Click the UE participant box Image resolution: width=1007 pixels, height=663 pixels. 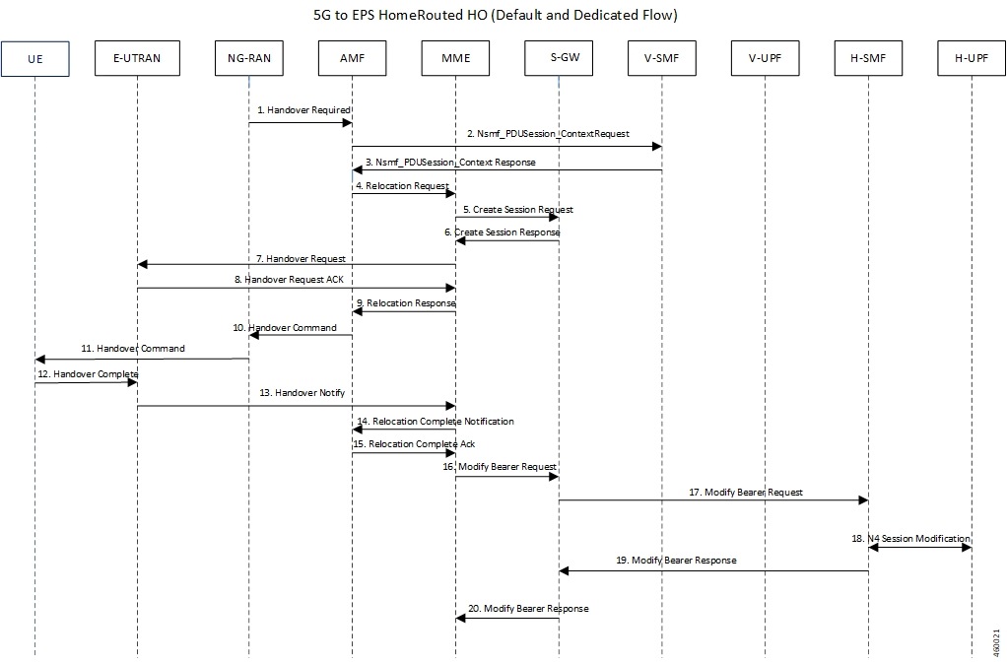pos(34,61)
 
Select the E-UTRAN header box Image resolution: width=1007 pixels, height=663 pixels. pos(137,61)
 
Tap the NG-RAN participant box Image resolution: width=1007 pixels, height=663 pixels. pos(249,61)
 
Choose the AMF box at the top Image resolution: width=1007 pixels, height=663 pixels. pos(352,61)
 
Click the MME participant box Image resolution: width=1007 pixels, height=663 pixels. pos(455,61)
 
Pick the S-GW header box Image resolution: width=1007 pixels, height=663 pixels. pos(559,61)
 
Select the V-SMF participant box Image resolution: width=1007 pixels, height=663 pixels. pos(662,61)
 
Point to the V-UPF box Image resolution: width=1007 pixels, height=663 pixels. pos(766,61)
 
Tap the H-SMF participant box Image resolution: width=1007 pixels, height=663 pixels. pos(868,61)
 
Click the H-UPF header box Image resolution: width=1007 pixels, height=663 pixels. pos(972,61)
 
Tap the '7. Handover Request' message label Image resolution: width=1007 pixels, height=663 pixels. pos(302,257)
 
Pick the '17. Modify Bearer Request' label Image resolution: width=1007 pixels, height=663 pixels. pos(746,491)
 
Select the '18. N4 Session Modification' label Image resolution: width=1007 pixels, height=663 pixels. pos(911,538)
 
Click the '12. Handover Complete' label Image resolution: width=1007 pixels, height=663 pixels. pos(88,373)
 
